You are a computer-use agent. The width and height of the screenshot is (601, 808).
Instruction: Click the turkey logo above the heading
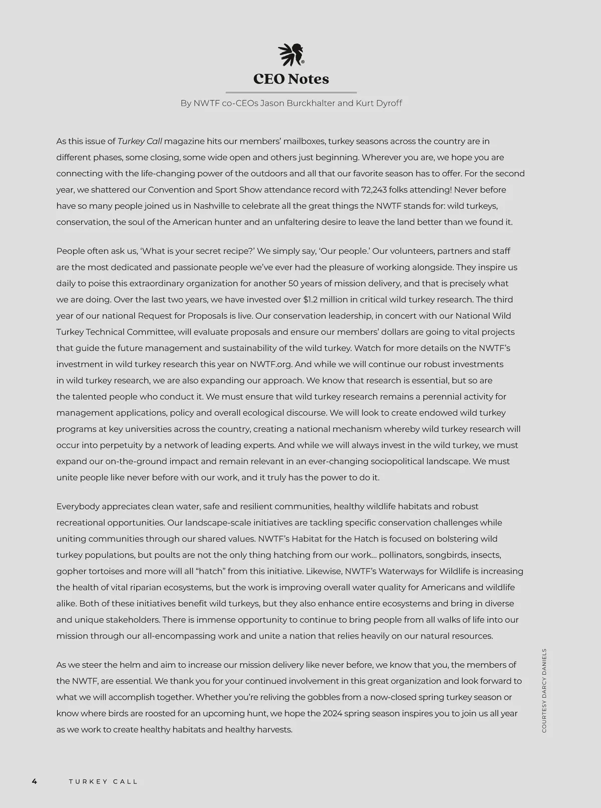pos(291,55)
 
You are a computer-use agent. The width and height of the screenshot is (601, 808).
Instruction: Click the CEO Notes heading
pos(291,79)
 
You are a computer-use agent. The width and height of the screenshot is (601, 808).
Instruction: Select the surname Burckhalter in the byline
pos(307,103)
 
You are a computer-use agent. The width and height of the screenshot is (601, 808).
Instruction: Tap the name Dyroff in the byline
pos(386,103)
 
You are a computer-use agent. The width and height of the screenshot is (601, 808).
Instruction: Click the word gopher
pos(71,572)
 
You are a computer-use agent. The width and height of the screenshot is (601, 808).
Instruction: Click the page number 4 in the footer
pos(34,781)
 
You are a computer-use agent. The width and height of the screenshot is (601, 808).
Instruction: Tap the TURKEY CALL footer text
pos(103,781)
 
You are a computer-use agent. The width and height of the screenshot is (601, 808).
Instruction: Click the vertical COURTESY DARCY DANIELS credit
pos(544,691)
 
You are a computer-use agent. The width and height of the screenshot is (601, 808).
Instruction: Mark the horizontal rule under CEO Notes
pos(291,93)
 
